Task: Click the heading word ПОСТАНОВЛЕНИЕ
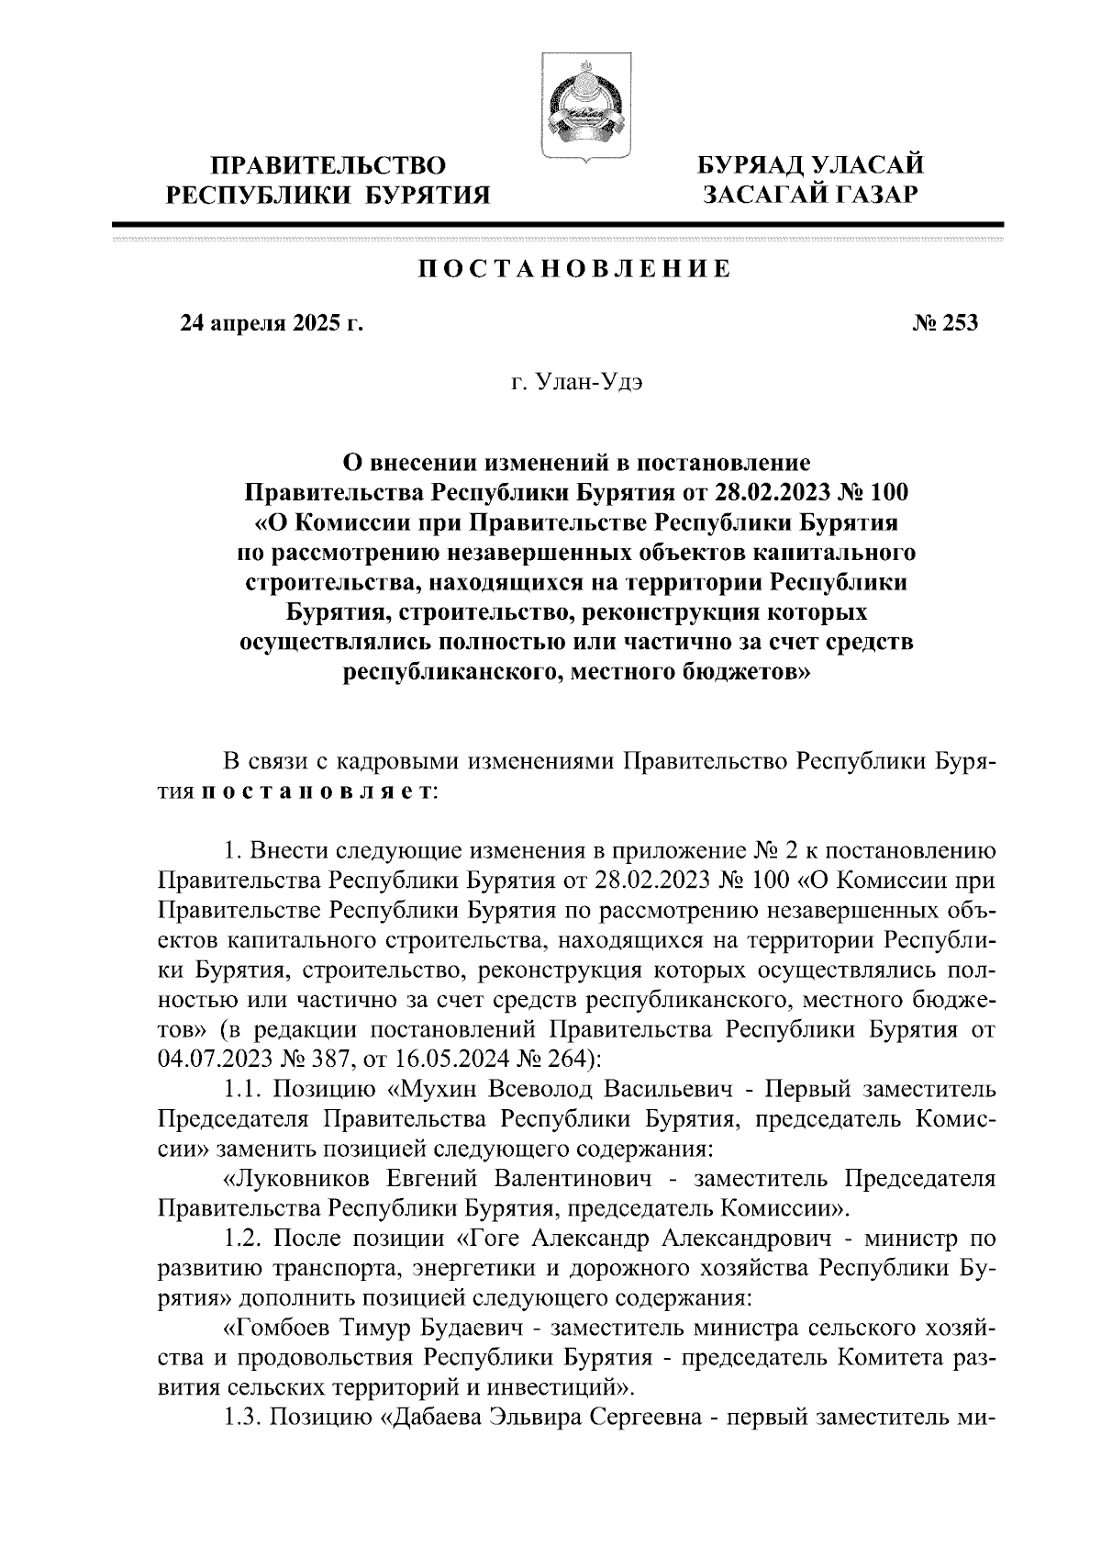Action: tap(575, 270)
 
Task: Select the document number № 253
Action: tap(946, 323)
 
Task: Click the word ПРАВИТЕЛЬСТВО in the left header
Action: tap(328, 166)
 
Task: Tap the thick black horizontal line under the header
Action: tap(557, 223)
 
